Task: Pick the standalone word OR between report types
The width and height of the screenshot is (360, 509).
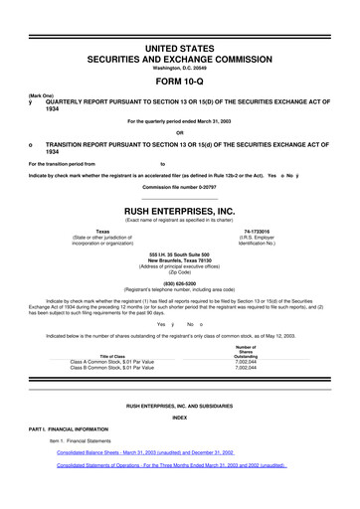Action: (180, 133)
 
